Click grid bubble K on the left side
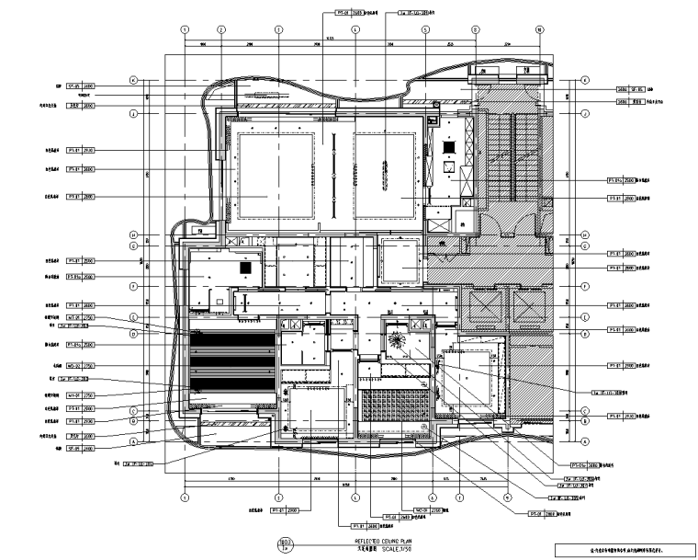[133, 79]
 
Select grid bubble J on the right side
[582, 114]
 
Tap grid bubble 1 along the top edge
[185, 29]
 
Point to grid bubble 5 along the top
[425, 29]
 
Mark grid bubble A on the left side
[133, 440]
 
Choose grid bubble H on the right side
[582, 233]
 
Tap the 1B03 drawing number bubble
[284, 543]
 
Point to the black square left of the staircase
[449, 146]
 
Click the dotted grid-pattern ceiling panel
[396, 406]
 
